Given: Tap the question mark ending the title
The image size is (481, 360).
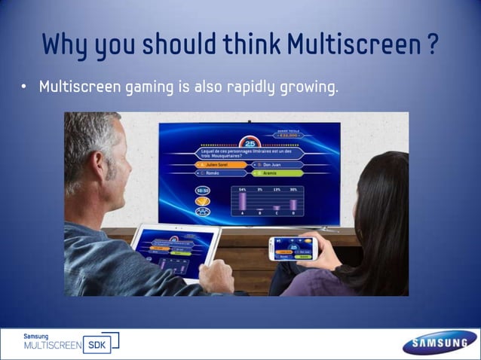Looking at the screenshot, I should click(x=431, y=45).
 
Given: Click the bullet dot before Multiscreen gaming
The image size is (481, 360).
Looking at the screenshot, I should click(x=24, y=87).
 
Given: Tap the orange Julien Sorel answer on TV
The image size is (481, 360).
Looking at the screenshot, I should click(x=220, y=164).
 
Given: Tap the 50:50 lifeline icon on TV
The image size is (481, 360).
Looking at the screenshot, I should click(x=203, y=191).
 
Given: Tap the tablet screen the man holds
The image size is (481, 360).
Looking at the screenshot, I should click(x=173, y=251).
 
